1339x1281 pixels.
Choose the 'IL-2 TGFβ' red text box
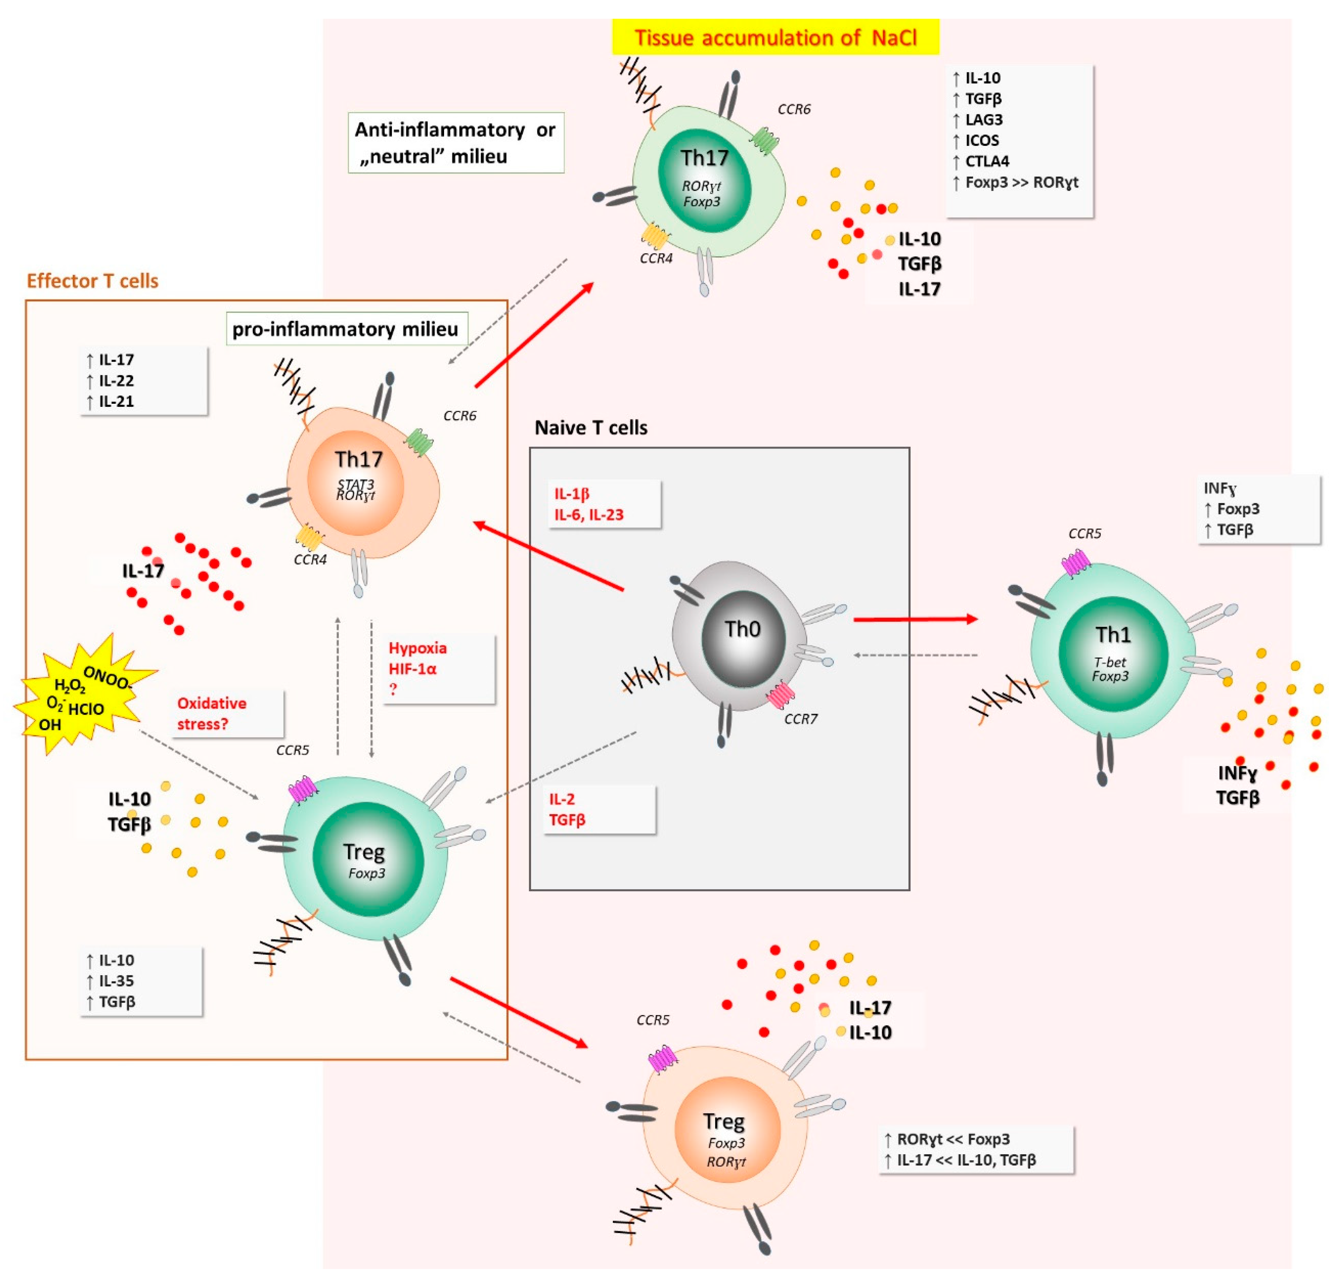600,809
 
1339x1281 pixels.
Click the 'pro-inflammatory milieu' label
346,329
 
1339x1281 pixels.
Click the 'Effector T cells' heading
92,281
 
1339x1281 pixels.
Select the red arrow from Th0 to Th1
916,619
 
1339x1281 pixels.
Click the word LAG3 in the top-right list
984,120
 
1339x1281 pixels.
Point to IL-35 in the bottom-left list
116,981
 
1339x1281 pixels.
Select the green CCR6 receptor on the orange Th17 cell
418,442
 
